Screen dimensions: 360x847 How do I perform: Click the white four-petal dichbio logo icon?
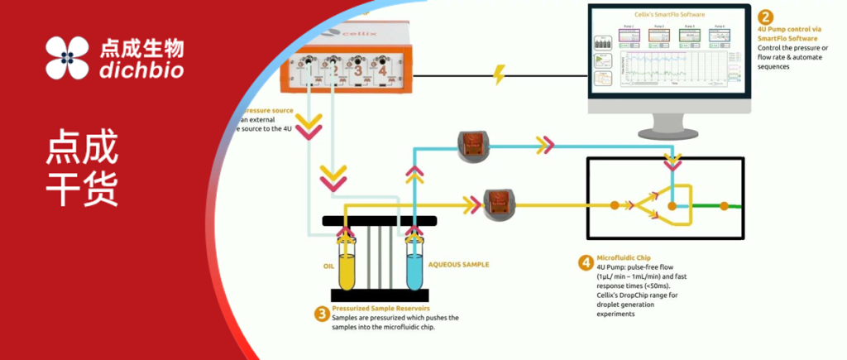click(68, 58)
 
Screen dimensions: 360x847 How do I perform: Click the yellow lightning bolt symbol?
click(500, 74)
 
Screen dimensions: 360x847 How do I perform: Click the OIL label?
click(328, 266)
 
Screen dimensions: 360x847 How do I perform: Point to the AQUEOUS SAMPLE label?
click(458, 265)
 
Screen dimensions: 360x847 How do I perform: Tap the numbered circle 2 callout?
click(766, 17)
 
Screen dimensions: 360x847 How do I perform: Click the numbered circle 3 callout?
click(321, 313)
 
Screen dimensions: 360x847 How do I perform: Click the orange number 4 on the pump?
click(383, 71)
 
